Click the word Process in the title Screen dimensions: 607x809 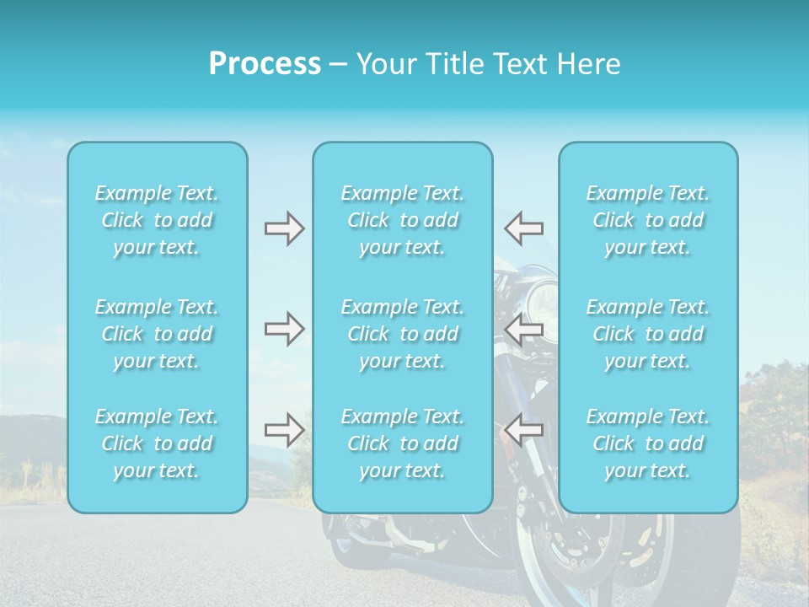(x=265, y=64)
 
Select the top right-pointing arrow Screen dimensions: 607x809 (x=284, y=228)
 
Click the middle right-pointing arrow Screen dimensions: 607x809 (x=284, y=330)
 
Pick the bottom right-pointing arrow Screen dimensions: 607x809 (x=284, y=431)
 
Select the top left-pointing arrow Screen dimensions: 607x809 (x=524, y=228)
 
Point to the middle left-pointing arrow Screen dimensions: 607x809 (x=524, y=330)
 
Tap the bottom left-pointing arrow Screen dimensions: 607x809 (x=524, y=431)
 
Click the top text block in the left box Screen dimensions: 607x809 (x=157, y=220)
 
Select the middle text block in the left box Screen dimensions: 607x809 (x=157, y=334)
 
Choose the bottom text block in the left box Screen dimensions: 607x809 (x=157, y=443)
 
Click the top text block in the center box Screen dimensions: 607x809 (x=403, y=220)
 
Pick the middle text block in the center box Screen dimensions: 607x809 (x=403, y=334)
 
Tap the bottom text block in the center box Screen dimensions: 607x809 (x=403, y=443)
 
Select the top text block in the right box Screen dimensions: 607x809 (x=648, y=220)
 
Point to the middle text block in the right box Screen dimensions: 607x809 (x=648, y=334)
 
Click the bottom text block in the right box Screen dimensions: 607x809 (x=648, y=443)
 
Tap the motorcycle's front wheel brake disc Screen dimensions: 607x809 (x=581, y=540)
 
